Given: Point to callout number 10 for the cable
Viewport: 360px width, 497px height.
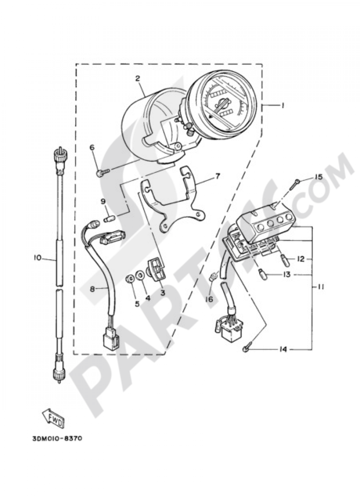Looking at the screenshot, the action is [x=38, y=258].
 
